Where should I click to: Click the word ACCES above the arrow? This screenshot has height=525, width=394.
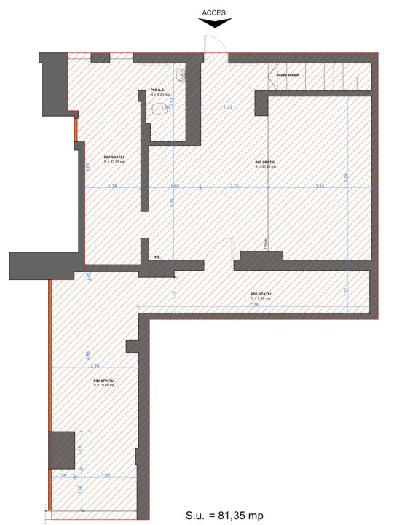(215, 12)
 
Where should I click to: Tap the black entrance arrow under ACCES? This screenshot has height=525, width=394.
(215, 23)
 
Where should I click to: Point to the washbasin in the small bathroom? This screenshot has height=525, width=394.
(180, 74)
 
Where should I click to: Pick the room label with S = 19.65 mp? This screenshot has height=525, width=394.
(103, 382)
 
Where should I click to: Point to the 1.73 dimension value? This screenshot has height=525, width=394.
(227, 107)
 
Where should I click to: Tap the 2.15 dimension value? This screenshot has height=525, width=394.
(233, 187)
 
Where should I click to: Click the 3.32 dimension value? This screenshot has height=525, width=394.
(320, 187)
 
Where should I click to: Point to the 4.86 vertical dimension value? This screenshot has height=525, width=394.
(88, 355)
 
